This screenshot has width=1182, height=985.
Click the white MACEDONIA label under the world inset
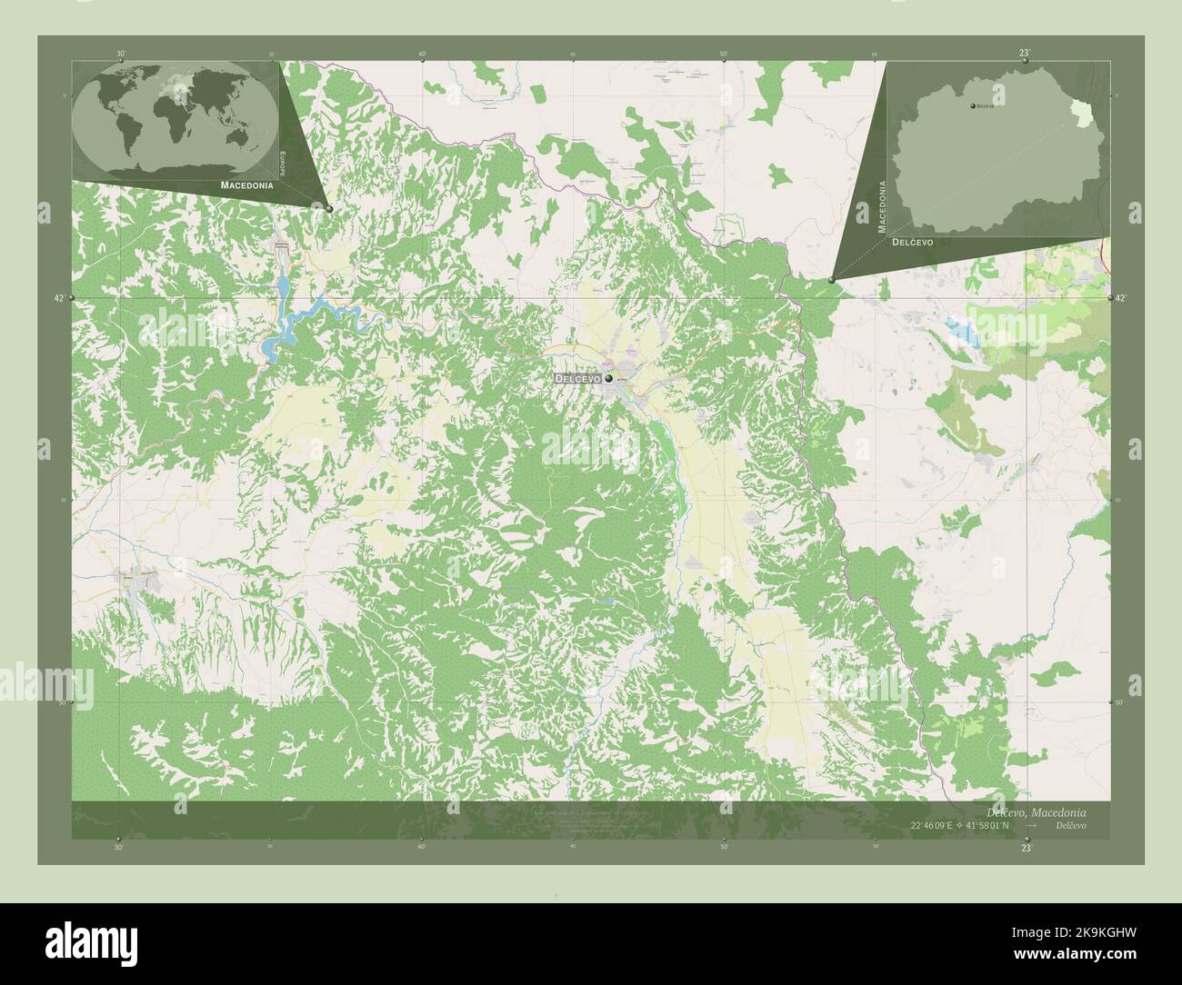[x=246, y=184]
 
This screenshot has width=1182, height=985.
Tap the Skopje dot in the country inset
[x=972, y=107]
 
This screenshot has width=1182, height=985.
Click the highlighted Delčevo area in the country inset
[x=1082, y=112]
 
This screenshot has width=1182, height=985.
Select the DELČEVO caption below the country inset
[x=912, y=243]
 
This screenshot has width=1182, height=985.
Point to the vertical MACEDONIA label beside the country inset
[x=881, y=207]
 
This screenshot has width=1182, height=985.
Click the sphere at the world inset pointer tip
[x=329, y=209]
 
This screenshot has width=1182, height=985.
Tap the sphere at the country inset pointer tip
[x=832, y=280]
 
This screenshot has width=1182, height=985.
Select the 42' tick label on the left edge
[x=59, y=298]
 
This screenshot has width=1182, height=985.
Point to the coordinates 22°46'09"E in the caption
[x=939, y=825]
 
